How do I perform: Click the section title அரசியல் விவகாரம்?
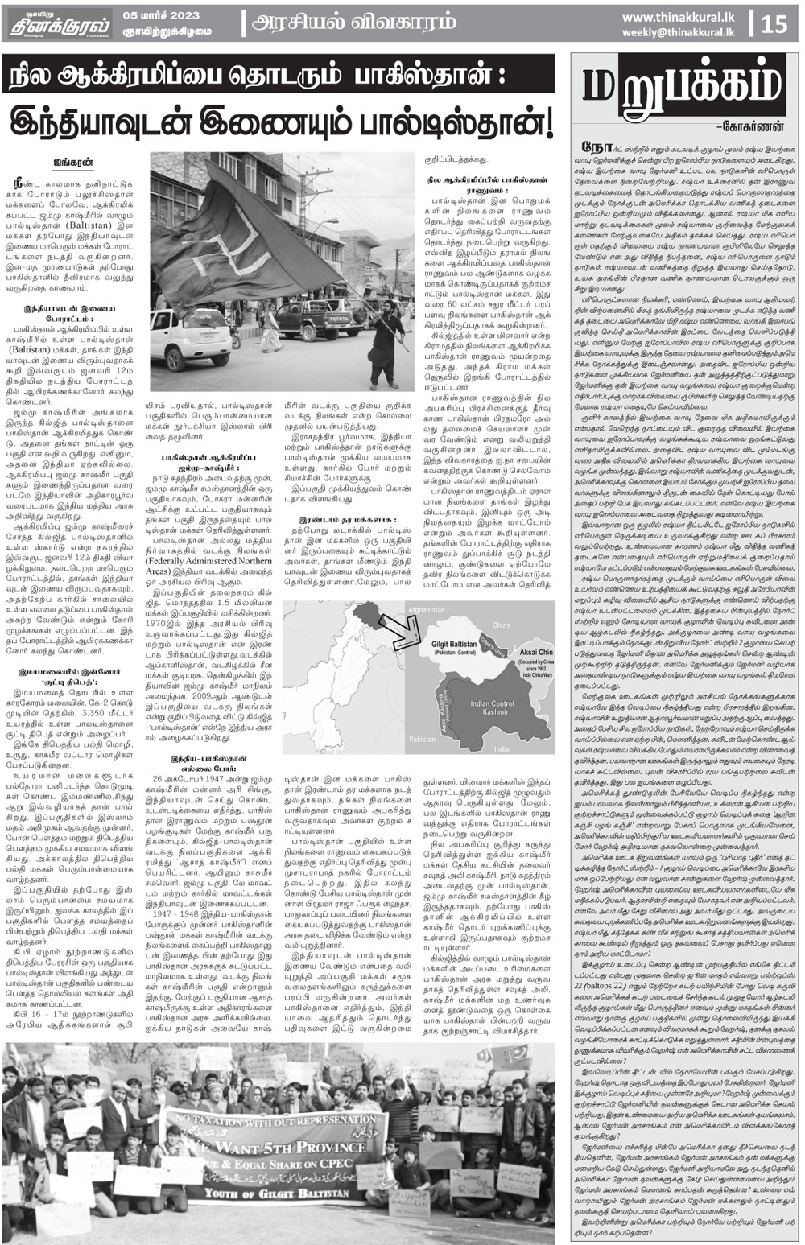354,23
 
